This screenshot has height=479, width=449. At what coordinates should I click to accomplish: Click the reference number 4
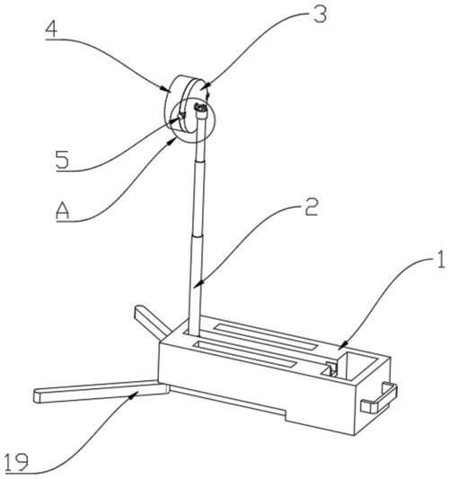pos(51,30)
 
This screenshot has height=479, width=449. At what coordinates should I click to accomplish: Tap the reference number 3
pos(321,14)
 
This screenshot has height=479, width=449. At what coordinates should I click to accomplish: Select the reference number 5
pos(62,160)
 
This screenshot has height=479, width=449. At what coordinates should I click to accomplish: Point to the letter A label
pos(63,211)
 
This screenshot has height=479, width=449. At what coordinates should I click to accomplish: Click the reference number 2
pos(312,207)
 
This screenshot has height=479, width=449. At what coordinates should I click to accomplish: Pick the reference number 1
pos(441,260)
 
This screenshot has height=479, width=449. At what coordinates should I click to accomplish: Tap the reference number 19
pos(17,462)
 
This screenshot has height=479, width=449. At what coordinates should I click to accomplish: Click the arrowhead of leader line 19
pos(136,395)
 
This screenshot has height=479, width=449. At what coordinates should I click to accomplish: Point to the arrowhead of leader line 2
pos(198,284)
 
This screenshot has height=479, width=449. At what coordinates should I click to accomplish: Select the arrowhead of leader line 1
pos(342,345)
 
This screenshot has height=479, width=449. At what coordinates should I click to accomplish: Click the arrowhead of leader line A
pos(172,141)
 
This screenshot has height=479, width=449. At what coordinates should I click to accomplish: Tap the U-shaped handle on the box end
pos(380,398)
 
